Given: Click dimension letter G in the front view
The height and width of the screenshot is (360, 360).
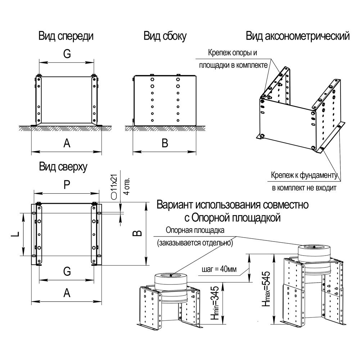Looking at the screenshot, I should pos(67,53).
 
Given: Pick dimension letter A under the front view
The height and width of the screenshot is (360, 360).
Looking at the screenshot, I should pos(67,143).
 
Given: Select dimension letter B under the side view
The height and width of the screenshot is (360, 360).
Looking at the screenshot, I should pos(165,143).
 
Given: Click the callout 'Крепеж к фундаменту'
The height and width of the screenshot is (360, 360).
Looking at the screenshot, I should pos(303,176).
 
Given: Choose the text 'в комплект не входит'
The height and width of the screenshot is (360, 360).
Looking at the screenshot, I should pos(303,188).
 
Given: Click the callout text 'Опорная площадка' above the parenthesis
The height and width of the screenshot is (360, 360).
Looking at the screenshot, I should pos(195,230).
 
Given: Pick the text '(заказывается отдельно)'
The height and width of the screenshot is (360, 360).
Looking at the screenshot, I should pos(194,243).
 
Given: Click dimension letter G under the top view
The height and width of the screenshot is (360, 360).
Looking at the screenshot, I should pos(67,272).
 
